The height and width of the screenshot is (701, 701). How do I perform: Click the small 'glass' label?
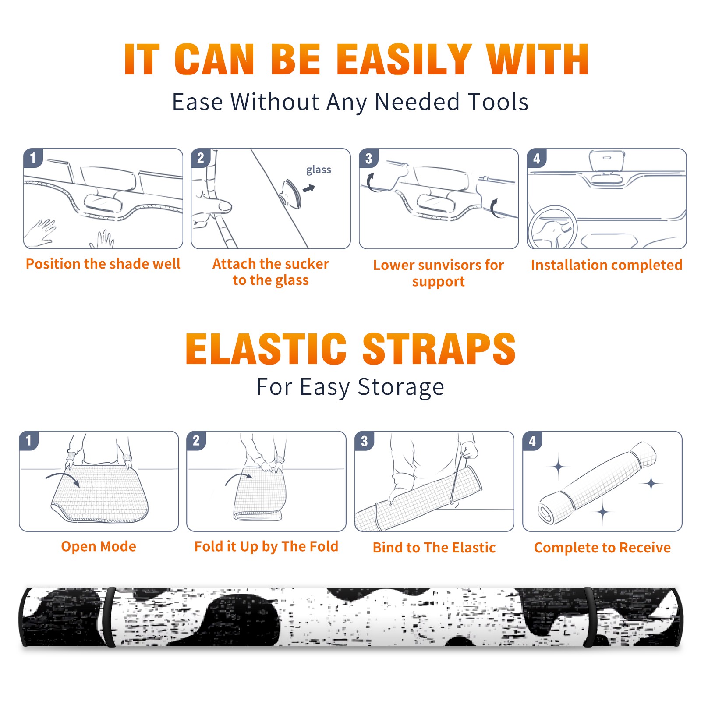click(319, 170)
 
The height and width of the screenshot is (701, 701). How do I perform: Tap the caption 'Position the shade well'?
click(103, 264)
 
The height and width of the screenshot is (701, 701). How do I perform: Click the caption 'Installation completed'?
click(606, 265)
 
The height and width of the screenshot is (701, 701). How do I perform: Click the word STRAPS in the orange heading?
click(439, 349)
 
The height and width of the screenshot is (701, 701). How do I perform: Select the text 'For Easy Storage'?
click(350, 387)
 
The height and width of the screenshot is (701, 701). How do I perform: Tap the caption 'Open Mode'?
click(99, 546)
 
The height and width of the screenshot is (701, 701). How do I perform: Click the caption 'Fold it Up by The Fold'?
click(266, 547)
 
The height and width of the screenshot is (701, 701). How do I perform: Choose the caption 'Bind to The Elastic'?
click(434, 548)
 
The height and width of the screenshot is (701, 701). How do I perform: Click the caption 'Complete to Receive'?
click(602, 548)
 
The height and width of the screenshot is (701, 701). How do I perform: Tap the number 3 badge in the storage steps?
click(365, 441)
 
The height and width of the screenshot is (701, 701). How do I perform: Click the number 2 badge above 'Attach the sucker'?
click(201, 158)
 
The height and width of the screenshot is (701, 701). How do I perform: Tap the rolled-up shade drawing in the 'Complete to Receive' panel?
click(597, 483)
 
